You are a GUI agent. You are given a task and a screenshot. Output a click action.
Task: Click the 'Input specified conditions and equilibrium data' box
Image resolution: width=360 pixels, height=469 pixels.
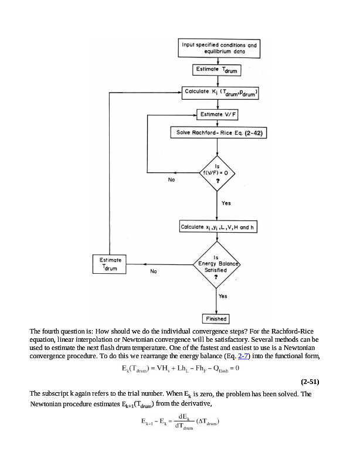[219, 47]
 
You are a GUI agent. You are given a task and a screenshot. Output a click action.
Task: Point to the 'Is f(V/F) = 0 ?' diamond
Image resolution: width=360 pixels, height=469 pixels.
[218, 172]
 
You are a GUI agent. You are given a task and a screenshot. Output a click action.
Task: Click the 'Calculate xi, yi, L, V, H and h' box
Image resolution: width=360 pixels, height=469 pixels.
[219, 227]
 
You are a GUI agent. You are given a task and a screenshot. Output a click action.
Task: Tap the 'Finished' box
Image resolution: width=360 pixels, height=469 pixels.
[216, 319]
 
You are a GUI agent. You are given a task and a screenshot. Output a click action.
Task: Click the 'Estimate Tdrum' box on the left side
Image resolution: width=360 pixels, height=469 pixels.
[110, 263]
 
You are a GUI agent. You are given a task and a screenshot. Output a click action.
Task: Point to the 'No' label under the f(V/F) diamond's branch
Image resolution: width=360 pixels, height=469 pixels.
[171, 180]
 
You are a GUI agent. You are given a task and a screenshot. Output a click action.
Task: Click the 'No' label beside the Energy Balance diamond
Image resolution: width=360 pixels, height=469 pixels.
[154, 272]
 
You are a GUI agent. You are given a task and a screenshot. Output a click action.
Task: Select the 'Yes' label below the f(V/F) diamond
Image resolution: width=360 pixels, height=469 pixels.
[226, 203]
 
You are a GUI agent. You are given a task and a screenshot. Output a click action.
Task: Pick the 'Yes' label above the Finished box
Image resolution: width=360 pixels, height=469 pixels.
[223, 297]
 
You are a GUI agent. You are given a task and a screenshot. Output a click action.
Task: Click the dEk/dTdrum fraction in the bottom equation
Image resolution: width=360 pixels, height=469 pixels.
[184, 421]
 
